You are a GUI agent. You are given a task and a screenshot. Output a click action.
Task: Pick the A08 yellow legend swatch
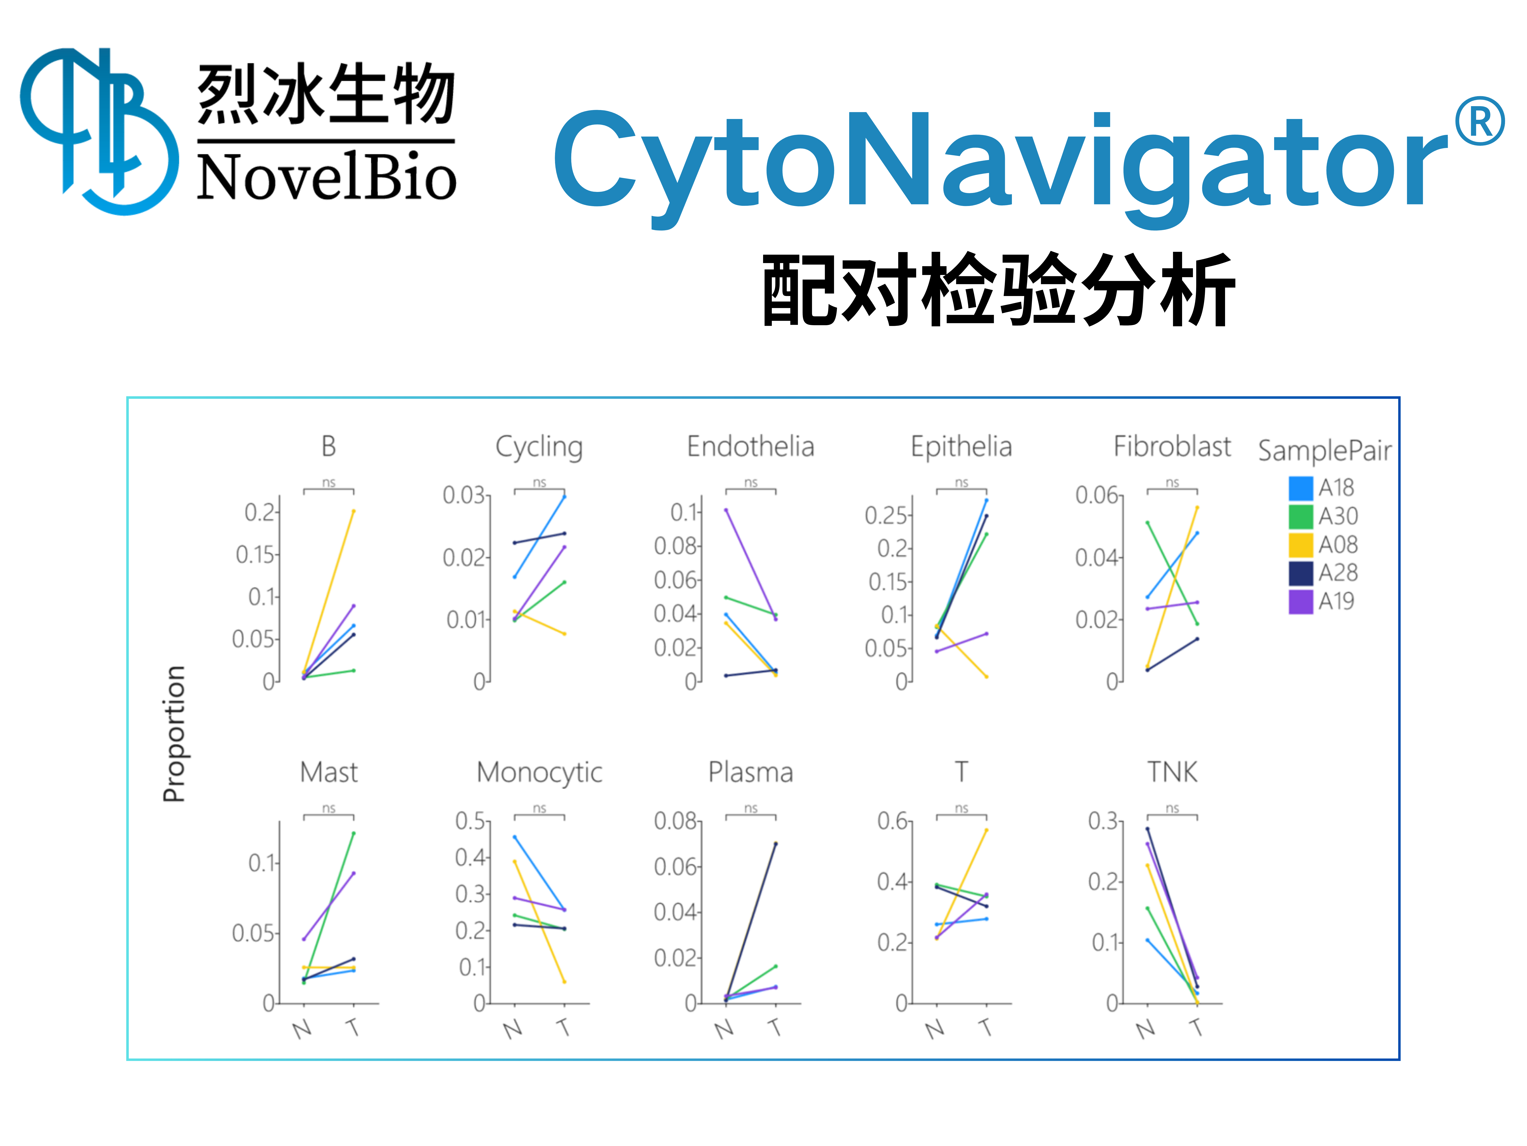pyautogui.click(x=1301, y=545)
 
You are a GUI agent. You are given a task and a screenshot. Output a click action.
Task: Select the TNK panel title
pyautogui.click(x=1172, y=772)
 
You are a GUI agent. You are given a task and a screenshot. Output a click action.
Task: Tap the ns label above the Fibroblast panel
pyautogui.click(x=1172, y=482)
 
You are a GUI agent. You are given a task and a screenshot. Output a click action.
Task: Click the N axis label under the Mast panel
pyautogui.click(x=302, y=1030)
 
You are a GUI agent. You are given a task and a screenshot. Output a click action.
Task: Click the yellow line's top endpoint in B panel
pyautogui.click(x=353, y=511)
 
